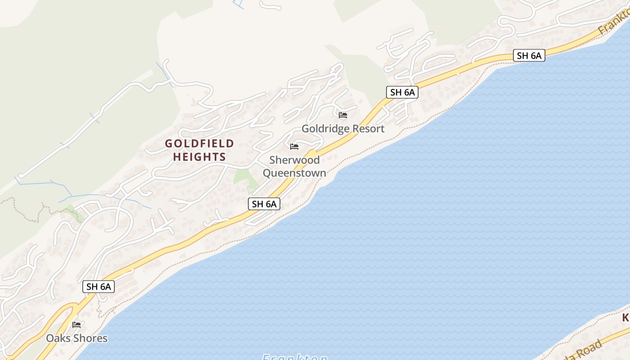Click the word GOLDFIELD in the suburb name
coord(199,144)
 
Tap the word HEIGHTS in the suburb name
coord(199,157)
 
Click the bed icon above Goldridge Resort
coord(343,115)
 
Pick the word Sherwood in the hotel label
coord(294,160)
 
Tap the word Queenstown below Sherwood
coord(294,173)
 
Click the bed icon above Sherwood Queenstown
coord(294,147)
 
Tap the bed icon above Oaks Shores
coord(76,324)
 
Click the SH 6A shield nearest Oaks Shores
coord(99,287)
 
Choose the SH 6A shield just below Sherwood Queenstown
coord(264,204)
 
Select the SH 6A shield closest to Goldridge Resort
coord(402,92)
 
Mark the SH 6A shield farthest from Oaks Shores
coord(529,56)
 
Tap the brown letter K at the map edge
coord(625,318)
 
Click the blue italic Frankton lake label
coord(295,356)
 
